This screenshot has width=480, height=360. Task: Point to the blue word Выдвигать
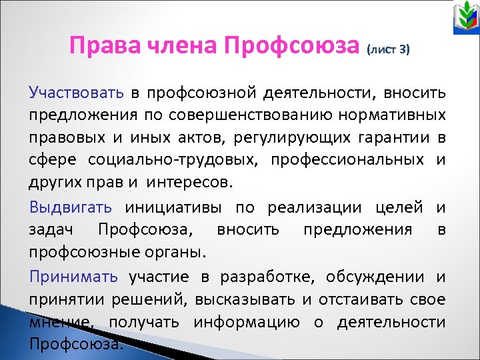tap(70, 207)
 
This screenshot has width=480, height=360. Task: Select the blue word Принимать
tap(73, 277)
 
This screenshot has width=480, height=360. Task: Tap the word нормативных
tap(399, 115)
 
